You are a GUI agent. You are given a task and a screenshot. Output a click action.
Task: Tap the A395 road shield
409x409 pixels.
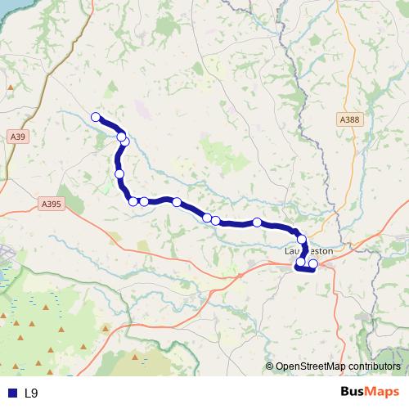[50, 205]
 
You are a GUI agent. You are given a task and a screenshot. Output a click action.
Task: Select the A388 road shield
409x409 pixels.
[349, 119]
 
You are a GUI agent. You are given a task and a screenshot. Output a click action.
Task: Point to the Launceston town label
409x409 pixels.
[309, 251]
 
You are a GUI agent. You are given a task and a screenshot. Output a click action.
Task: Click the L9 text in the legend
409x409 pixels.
[31, 393]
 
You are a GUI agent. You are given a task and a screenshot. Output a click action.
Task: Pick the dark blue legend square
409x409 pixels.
[11, 393]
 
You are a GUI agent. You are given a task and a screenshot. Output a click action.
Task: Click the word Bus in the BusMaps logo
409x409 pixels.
[354, 393]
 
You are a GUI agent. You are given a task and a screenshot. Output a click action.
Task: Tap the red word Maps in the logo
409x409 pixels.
[384, 393]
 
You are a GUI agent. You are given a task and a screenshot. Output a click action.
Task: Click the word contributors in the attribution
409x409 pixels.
[373, 366]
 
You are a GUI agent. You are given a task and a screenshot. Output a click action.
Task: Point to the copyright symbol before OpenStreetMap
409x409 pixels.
[270, 366]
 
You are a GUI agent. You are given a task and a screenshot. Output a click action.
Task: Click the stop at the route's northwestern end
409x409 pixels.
[96, 117]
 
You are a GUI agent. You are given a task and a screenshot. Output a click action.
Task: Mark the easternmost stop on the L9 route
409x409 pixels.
[313, 264]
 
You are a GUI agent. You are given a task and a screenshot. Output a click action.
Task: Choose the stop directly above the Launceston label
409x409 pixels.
[302, 239]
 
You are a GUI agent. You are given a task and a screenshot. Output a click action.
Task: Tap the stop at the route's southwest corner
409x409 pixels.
[133, 201]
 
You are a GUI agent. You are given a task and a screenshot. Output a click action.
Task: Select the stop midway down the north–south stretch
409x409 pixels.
[120, 174]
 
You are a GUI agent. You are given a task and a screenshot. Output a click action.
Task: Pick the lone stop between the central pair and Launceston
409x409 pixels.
[257, 222]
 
